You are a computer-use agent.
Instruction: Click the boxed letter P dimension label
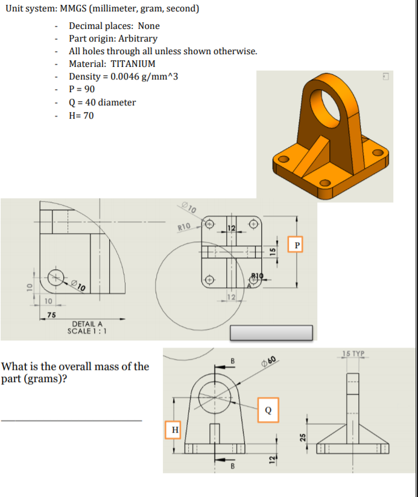296,244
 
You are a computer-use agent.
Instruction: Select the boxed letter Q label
268,410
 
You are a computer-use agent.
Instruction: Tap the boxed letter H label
174,430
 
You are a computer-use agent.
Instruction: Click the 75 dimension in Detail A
52,315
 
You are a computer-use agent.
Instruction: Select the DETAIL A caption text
87,324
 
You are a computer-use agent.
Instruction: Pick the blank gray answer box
271,333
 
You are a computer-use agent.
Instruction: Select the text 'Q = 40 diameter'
102,102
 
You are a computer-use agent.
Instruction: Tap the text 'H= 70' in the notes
81,116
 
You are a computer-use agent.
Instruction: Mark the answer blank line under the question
71,420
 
